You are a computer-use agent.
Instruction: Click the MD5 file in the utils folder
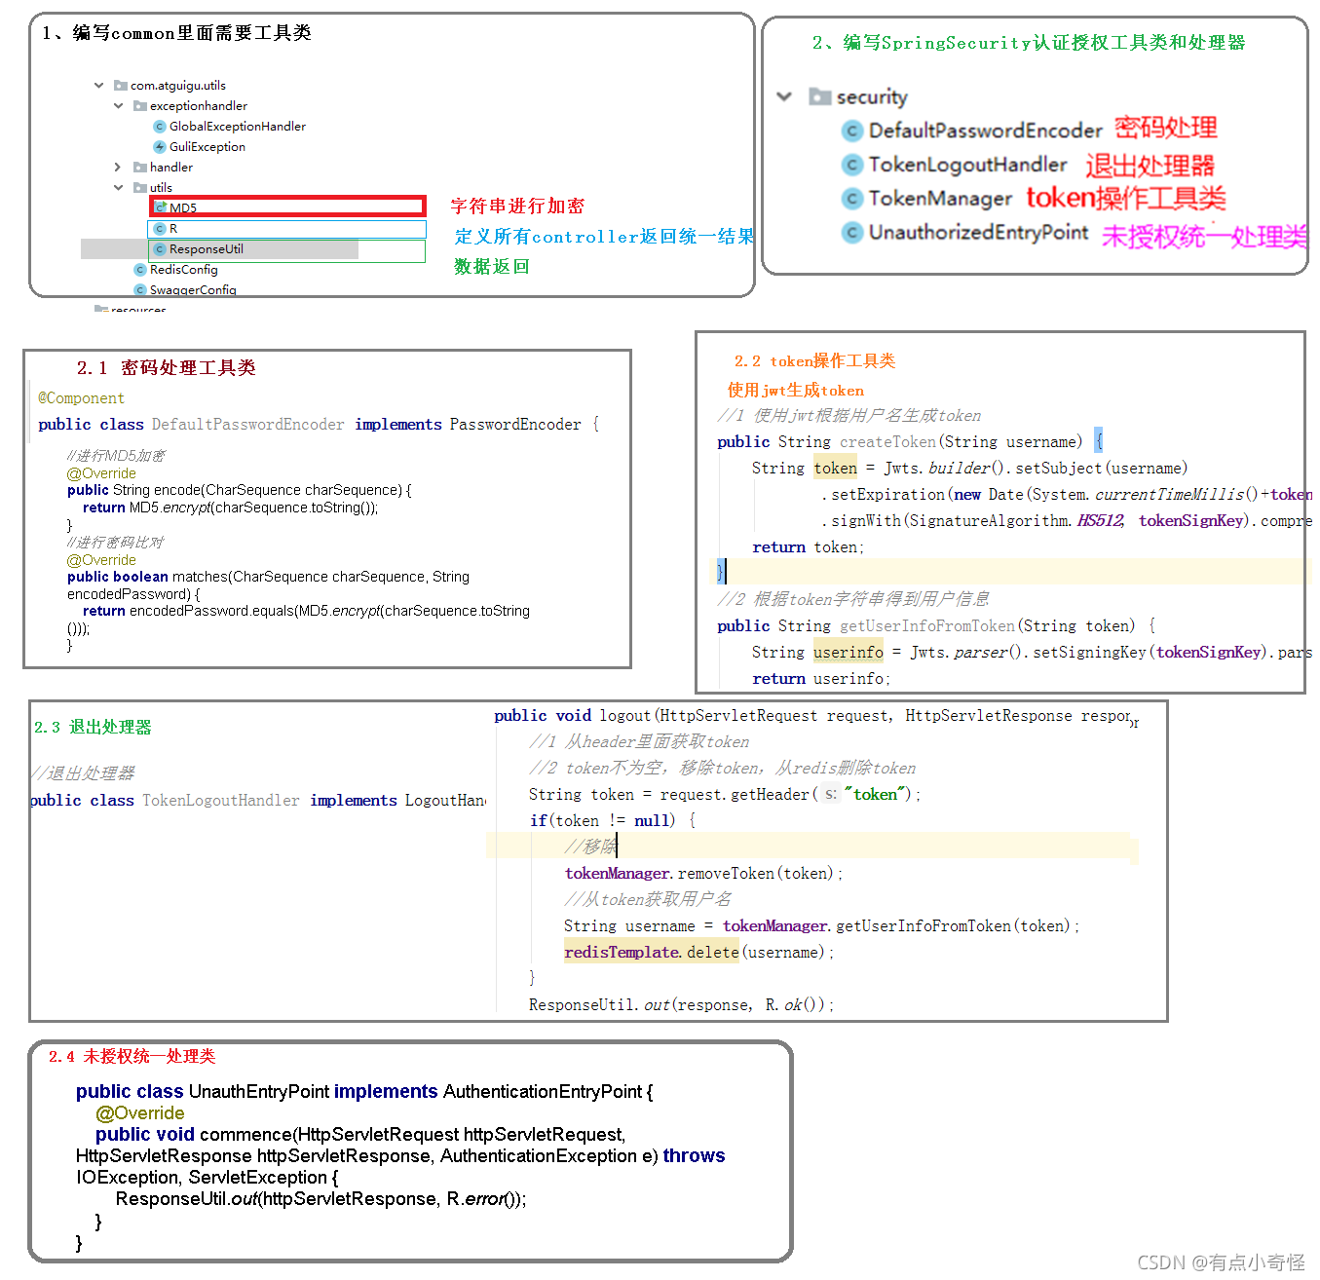[183, 207]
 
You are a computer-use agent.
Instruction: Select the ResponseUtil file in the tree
[206, 249]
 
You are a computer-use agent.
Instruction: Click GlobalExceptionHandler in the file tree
[237, 127]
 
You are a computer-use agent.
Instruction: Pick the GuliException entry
[207, 147]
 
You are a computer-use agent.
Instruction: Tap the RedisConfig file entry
[183, 270]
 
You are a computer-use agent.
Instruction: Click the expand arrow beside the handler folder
[118, 168]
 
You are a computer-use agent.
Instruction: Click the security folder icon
[820, 96]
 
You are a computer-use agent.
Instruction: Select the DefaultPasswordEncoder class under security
[984, 131]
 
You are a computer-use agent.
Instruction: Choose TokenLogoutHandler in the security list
[966, 165]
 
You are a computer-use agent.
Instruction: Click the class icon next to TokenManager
[852, 199]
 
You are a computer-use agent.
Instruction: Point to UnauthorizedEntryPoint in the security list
[977, 232]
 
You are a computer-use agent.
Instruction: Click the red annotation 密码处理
[1165, 128]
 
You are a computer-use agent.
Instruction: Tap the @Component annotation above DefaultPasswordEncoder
[81, 398]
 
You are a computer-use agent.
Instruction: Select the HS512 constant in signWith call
[1100, 521]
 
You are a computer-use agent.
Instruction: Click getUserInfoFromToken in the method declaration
[927, 626]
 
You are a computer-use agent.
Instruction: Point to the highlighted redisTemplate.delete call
[651, 953]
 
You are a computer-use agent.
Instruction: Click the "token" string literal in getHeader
[877, 795]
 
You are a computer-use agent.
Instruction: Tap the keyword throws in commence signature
[694, 1156]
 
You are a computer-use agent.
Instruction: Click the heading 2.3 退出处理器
[94, 728]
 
